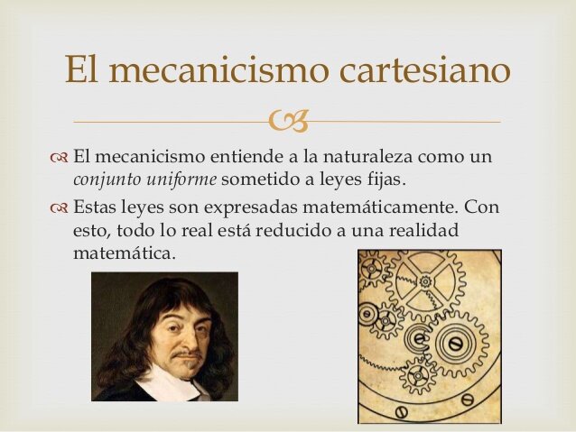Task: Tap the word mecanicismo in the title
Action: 208,71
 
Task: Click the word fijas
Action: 397,179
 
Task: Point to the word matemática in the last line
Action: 124,253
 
